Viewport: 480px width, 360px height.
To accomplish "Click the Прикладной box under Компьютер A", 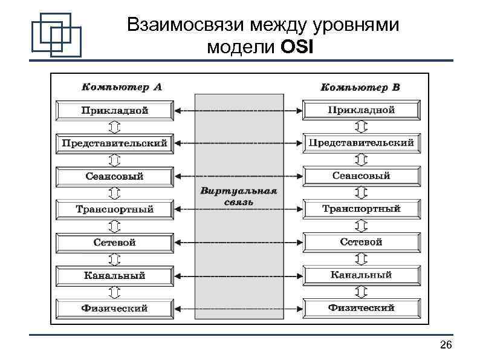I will click(x=115, y=111).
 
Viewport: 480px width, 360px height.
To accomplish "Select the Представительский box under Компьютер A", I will click(x=115, y=144).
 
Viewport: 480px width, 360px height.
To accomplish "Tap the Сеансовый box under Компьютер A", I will click(x=115, y=177).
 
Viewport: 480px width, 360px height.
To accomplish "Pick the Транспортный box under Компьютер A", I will click(x=115, y=210).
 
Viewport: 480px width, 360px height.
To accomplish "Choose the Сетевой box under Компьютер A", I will click(x=115, y=243).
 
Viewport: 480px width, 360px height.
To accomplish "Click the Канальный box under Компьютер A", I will click(x=115, y=276).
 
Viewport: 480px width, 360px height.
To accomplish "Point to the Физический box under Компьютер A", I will click(x=115, y=309).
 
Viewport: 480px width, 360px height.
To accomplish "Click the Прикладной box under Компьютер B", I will click(x=361, y=110).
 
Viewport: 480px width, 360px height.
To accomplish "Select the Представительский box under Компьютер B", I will click(x=361, y=143).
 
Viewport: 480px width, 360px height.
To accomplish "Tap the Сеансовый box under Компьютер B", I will click(x=361, y=176).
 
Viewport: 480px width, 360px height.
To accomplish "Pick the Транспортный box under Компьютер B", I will click(x=361, y=209).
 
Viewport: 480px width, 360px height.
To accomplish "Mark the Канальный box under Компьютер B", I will click(x=361, y=275).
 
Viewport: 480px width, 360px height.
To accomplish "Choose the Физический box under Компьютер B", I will click(x=361, y=308).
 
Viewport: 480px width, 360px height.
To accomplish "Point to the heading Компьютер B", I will click(x=360, y=87).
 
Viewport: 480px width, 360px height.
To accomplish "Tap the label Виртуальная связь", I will click(x=238, y=196).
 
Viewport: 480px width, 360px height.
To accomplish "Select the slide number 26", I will click(x=446, y=345).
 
